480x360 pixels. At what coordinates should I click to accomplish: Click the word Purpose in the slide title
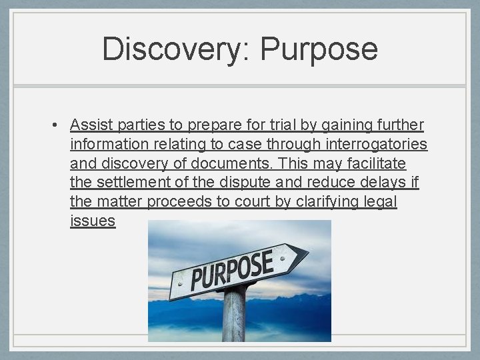click(319, 50)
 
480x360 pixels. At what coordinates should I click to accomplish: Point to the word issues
click(93, 221)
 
